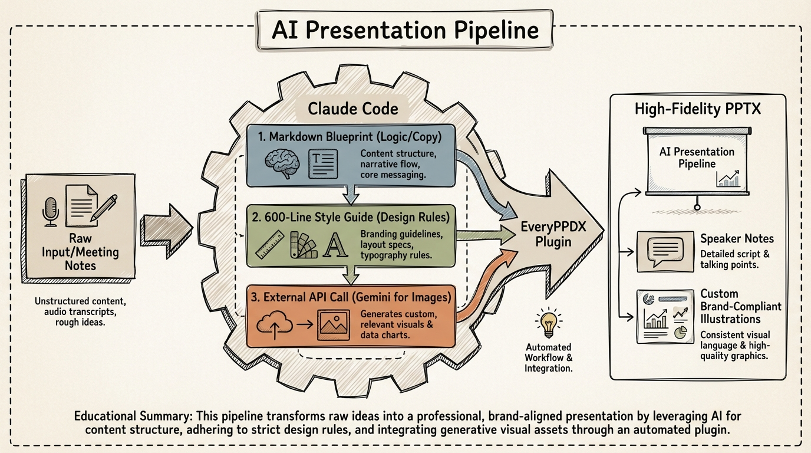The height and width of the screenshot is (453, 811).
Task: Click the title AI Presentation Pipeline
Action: (405, 31)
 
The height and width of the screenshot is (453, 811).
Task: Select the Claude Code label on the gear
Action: (353, 109)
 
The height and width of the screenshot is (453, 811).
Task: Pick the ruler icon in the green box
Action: (269, 248)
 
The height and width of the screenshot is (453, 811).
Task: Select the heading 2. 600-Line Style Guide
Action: (351, 217)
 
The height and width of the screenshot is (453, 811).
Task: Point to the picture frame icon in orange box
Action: (333, 324)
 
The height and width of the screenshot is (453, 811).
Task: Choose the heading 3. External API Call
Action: (351, 297)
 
